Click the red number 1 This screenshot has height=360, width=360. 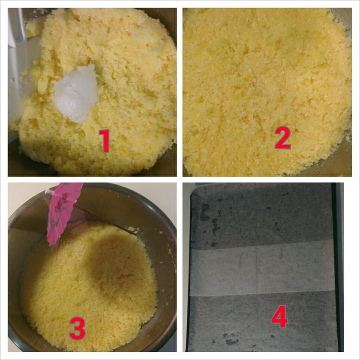click(x=105, y=141)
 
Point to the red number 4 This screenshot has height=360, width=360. click(x=279, y=316)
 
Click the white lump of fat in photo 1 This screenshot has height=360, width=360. click(x=77, y=93)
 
